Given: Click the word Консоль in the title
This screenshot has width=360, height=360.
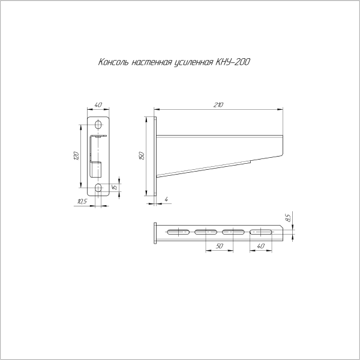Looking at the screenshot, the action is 113,62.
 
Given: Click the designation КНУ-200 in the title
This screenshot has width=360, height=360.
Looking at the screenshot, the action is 233,62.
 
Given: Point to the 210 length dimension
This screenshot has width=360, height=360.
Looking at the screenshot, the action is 218,105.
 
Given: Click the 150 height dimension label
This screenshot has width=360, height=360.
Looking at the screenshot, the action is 142,156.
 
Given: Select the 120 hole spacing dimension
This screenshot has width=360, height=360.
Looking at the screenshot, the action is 77,156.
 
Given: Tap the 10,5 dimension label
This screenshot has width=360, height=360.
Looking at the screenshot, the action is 82,202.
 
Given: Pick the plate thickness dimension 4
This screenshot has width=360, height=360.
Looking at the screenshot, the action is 167,199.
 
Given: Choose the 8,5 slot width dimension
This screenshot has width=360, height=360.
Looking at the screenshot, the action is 288,218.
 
